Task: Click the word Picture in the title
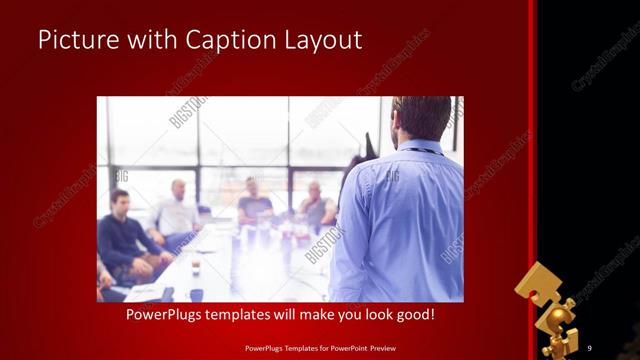pos(76,40)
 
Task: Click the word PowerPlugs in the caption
pos(166,315)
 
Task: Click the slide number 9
pos(590,347)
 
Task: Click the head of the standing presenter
pos(420,118)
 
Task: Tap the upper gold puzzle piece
pos(539,285)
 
